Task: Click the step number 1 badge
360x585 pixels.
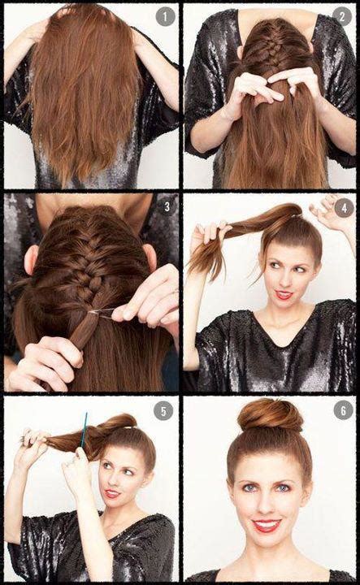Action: click(x=166, y=17)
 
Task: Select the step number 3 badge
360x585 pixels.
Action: click(x=166, y=207)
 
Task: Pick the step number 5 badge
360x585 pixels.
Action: click(x=166, y=411)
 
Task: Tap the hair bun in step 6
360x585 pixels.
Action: click(x=270, y=415)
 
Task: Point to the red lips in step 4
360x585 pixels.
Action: click(x=284, y=295)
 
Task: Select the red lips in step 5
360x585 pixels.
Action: click(x=111, y=493)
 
